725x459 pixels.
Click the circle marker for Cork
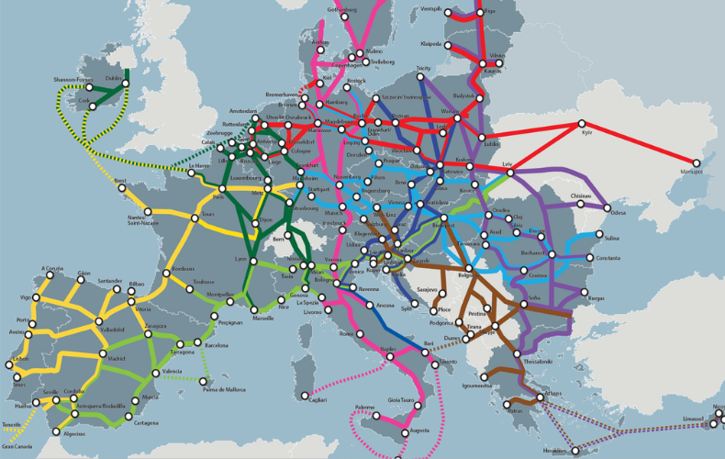pyautogui.click(x=92, y=106)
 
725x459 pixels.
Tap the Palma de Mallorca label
pyautogui.click(x=224, y=389)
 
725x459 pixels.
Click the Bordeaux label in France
pyautogui.click(x=184, y=268)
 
